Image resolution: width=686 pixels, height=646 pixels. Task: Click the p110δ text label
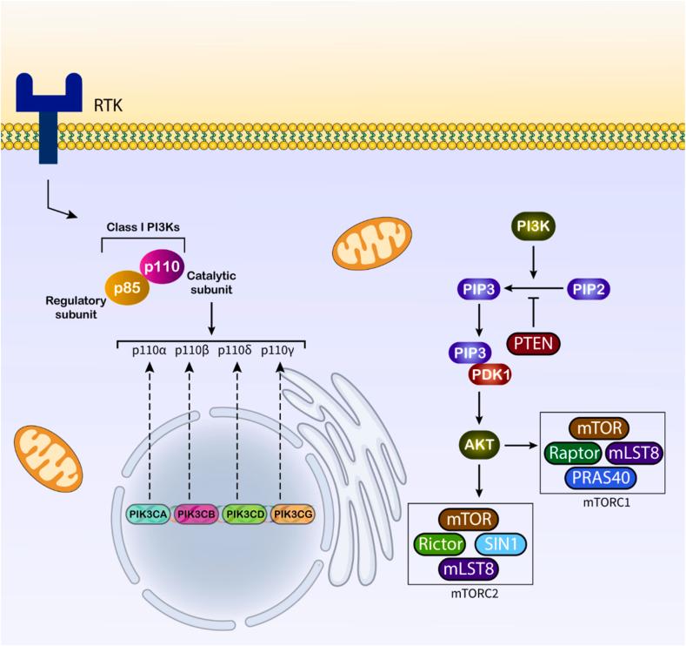tap(235, 351)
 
